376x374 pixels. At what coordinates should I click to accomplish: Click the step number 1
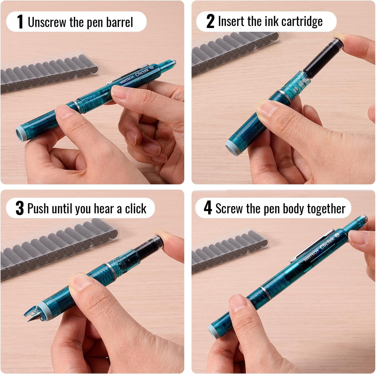tap(20, 22)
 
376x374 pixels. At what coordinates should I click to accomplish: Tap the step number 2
tap(210, 21)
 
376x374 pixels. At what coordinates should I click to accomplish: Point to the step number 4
tap(208, 208)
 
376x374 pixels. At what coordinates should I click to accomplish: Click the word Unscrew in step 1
tap(47, 22)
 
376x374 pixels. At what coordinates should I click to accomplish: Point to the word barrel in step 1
tap(119, 22)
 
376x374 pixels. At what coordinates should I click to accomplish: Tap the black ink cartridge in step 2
tap(323, 58)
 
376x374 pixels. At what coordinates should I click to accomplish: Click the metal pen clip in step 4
tap(310, 246)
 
